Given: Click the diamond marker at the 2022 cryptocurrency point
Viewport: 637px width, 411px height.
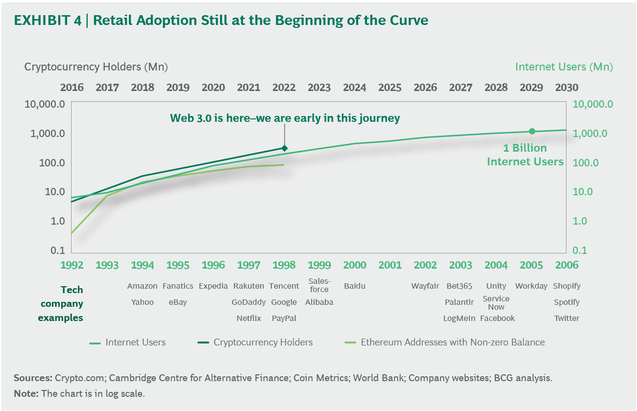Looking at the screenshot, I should tap(284, 148).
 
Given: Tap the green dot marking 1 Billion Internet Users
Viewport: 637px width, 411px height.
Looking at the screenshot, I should tap(532, 131).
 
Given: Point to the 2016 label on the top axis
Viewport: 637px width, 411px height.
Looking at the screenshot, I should tap(72, 88).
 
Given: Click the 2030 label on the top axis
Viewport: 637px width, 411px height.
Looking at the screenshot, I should tap(566, 88).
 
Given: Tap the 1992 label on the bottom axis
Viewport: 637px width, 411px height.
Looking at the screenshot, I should tap(72, 265).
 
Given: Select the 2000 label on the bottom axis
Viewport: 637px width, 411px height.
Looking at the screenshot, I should tap(355, 265).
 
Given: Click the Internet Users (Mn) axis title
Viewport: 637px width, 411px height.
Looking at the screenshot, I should tap(564, 67).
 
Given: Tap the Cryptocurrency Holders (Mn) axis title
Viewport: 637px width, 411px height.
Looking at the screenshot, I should tap(96, 67).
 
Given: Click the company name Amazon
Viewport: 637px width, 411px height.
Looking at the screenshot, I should tap(143, 286).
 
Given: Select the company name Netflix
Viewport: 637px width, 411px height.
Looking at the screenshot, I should tap(248, 319).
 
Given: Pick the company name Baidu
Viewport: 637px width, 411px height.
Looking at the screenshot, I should tap(355, 286).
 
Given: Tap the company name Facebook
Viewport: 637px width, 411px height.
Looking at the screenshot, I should tap(497, 319).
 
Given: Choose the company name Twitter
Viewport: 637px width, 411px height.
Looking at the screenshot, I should tap(567, 319).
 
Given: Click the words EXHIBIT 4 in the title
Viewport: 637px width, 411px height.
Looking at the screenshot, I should tap(48, 20).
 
